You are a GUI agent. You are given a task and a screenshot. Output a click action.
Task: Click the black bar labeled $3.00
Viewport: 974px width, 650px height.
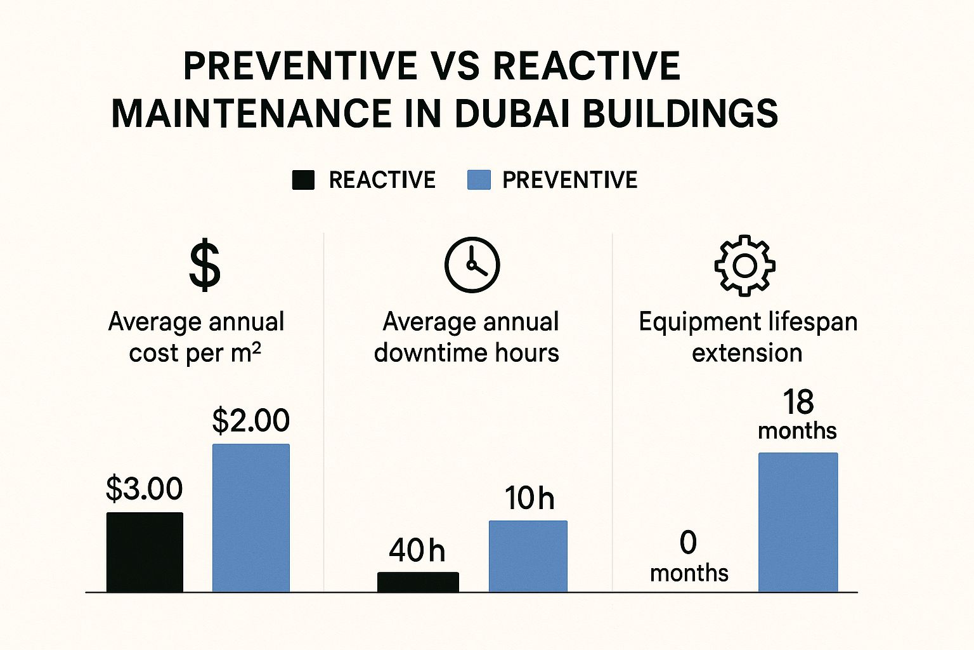point(145,552)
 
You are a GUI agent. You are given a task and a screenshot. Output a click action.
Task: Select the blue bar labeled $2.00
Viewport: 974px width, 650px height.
point(251,517)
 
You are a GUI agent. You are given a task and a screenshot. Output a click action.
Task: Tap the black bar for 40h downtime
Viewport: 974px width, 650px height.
point(418,581)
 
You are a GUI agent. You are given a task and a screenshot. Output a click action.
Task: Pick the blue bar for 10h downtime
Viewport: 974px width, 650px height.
point(528,555)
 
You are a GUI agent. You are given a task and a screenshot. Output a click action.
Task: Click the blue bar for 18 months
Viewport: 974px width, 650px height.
point(798,522)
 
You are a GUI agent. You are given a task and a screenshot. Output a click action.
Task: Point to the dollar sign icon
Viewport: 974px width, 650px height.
point(205,265)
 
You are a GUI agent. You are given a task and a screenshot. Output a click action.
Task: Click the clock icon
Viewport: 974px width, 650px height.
point(472,265)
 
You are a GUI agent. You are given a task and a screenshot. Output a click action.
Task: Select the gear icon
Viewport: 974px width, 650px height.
point(745,265)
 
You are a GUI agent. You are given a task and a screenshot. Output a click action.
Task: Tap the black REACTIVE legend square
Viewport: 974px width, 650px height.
point(303,180)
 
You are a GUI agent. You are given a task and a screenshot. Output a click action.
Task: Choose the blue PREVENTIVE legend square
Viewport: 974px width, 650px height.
point(479,180)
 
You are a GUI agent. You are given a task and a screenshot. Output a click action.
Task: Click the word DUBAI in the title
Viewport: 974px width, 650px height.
point(513,114)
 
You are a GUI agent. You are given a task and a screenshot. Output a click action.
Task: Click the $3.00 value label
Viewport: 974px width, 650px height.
point(144,489)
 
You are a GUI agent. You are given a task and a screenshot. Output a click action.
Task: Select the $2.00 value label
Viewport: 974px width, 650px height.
point(251,420)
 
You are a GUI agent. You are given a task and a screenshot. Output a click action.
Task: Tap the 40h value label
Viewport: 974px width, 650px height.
point(417,550)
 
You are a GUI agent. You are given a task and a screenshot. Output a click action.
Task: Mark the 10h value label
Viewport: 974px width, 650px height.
point(529,498)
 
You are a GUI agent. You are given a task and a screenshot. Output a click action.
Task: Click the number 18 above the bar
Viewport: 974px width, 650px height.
point(798,402)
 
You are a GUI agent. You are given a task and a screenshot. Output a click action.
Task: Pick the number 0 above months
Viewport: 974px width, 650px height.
point(688,543)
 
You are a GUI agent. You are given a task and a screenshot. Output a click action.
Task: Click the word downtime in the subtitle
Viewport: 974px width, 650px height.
point(431,353)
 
